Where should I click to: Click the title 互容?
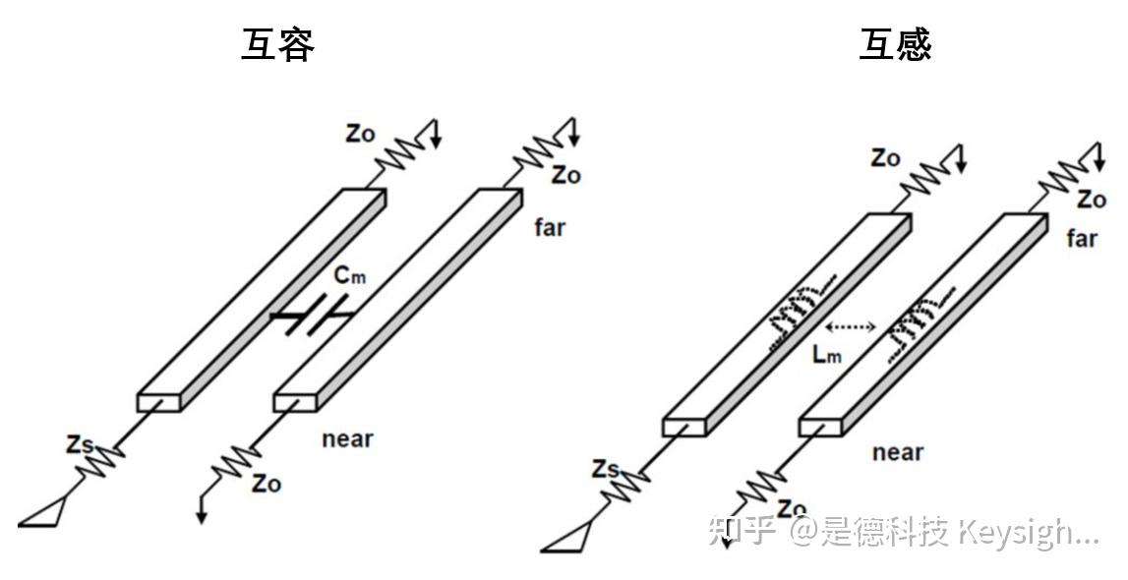point(277,45)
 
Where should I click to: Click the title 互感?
point(895,44)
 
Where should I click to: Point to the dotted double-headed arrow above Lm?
point(851,326)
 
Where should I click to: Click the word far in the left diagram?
point(550,227)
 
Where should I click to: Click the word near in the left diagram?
point(348,438)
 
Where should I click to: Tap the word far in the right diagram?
point(1082,238)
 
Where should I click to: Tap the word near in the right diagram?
point(899,452)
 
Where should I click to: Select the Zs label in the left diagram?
point(81,444)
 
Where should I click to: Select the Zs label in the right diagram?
point(606,471)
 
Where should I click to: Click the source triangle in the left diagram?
point(43,514)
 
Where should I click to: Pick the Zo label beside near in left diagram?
point(267,484)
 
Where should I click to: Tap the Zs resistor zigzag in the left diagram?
point(102,463)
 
